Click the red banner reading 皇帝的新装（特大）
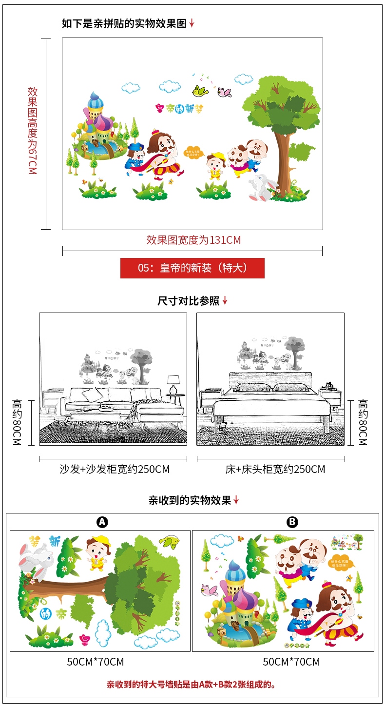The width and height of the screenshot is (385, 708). (192, 268)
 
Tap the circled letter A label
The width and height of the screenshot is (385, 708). (102, 522)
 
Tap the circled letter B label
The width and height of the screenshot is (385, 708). (292, 522)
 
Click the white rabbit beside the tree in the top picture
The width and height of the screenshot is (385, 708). (260, 188)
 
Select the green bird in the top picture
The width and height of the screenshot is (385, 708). (200, 90)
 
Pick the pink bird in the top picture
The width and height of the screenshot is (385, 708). (224, 92)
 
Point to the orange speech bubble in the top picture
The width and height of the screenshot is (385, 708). (193, 152)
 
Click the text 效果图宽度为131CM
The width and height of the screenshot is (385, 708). (193, 240)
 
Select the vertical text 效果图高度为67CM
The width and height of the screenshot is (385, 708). (32, 131)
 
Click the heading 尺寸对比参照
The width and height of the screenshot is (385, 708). (189, 301)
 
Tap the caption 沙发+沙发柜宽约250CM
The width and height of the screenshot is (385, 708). (115, 470)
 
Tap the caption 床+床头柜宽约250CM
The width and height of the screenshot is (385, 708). (275, 470)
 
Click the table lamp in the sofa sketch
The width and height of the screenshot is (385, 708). (173, 383)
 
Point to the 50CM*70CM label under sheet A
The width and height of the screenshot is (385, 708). (96, 662)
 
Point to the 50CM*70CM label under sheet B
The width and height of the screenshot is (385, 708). (291, 662)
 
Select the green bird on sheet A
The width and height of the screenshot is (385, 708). (168, 542)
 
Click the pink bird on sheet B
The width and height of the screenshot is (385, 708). (209, 590)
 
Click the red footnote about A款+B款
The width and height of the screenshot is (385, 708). (192, 685)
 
